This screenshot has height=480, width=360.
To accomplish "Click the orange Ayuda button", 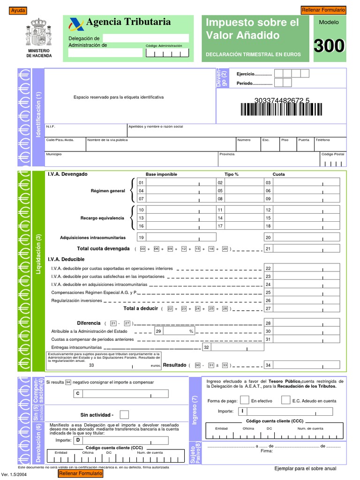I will [18, 11].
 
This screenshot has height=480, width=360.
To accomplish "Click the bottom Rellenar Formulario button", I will [81, 474].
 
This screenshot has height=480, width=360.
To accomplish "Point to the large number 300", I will [329, 46].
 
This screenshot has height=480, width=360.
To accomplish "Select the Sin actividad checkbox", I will [124, 414].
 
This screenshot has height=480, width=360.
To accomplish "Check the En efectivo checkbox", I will [244, 400].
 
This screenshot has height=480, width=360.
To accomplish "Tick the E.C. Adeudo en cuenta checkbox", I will [285, 400].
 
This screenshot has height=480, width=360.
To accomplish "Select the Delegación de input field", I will [146, 38].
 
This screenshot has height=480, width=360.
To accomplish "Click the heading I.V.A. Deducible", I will [66, 259].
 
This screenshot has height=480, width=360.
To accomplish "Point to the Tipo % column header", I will [231, 174].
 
